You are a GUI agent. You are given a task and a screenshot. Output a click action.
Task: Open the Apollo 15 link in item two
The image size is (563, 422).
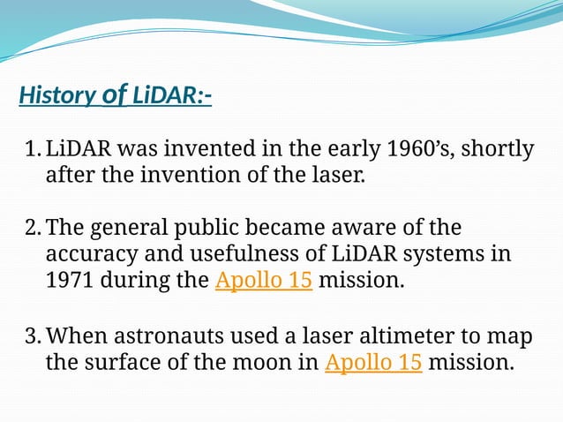264,283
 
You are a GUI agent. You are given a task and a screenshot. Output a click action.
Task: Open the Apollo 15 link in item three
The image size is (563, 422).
373,363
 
